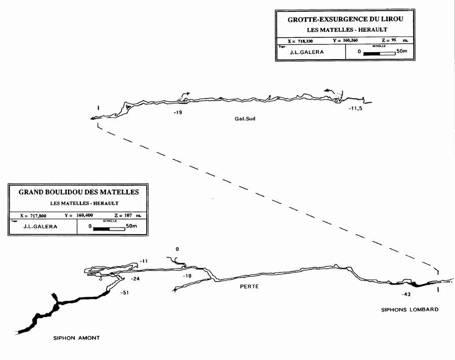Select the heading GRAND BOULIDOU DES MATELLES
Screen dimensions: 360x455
click(78, 192)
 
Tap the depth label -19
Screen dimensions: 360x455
click(177, 112)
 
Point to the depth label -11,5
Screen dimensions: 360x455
click(355, 108)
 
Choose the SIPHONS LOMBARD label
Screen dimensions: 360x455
click(409, 309)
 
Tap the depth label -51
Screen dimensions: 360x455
click(125, 293)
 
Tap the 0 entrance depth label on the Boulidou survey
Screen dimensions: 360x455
click(177, 249)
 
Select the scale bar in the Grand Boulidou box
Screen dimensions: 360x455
click(109, 229)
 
